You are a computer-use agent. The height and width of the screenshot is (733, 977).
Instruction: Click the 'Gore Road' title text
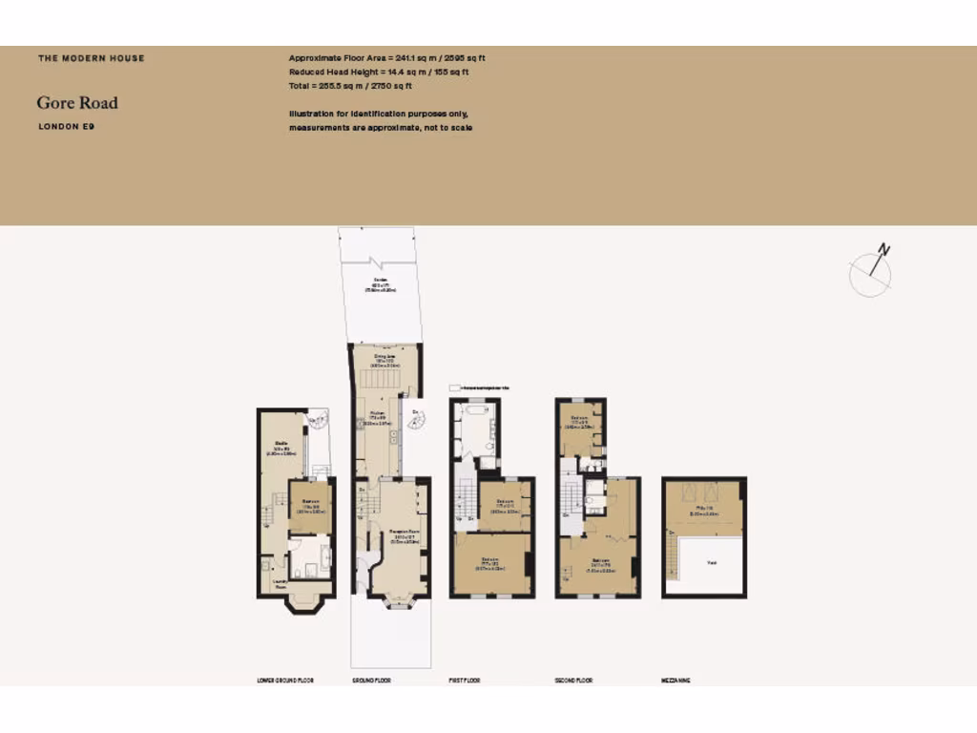coord(77,103)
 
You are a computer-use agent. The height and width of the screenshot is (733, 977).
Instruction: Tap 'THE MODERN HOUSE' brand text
coord(92,58)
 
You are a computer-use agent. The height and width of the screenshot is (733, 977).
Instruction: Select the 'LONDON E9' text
coord(67,126)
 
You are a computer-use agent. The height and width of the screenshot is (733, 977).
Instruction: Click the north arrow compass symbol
coord(871,271)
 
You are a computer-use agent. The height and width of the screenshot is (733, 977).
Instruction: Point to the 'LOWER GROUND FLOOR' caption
coord(285,681)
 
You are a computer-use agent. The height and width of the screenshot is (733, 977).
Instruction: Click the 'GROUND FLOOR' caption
coord(371,681)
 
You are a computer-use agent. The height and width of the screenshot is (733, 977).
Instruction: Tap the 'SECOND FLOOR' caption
coord(573,681)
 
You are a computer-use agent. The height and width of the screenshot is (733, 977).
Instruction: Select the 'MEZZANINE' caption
coord(676,681)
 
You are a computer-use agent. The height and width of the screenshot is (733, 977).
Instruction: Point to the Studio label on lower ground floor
coord(281,445)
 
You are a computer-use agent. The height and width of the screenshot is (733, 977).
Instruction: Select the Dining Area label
coord(385,357)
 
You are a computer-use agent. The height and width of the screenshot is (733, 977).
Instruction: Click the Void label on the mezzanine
coord(711,563)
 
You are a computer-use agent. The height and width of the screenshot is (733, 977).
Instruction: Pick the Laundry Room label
coord(280,585)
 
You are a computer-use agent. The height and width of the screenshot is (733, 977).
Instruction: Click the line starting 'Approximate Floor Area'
coord(387,58)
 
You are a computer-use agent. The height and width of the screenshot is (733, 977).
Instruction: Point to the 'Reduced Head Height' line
coord(379,72)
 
